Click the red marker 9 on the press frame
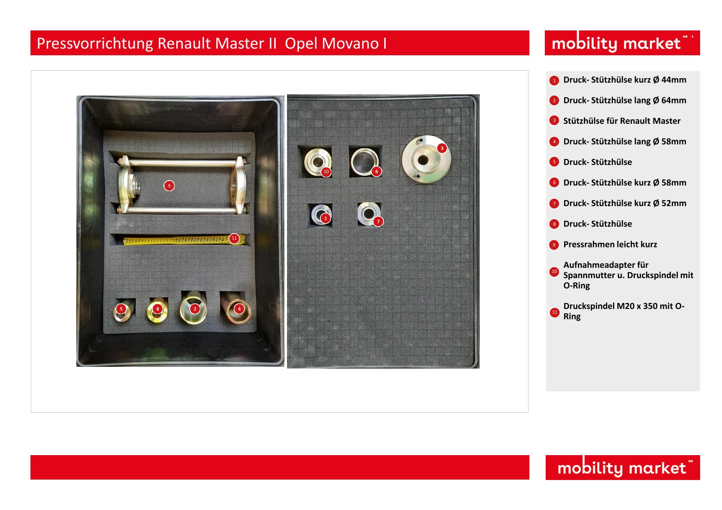pyautogui.click(x=169, y=186)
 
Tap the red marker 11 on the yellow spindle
pyautogui.click(x=234, y=238)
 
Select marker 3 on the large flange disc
pyautogui.click(x=442, y=148)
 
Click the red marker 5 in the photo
pyautogui.click(x=121, y=309)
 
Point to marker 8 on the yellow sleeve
pyautogui.click(x=157, y=309)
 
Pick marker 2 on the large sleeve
pyautogui.click(x=195, y=309)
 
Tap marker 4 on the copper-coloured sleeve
pyautogui.click(x=239, y=309)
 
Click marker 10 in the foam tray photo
pyautogui.click(x=326, y=171)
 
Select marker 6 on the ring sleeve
pyautogui.click(x=377, y=171)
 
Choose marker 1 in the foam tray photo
pyautogui.click(x=326, y=218)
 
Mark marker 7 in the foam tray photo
pyautogui.click(x=378, y=222)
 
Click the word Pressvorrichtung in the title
pyautogui.click(x=95, y=44)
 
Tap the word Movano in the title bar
pyautogui.click(x=350, y=43)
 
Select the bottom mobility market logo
pyautogui.click(x=622, y=467)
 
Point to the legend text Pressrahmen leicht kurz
pyautogui.click(x=610, y=244)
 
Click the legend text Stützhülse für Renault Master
pyautogui.click(x=622, y=121)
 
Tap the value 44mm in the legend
pyautogui.click(x=674, y=80)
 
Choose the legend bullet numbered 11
pyautogui.click(x=554, y=312)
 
